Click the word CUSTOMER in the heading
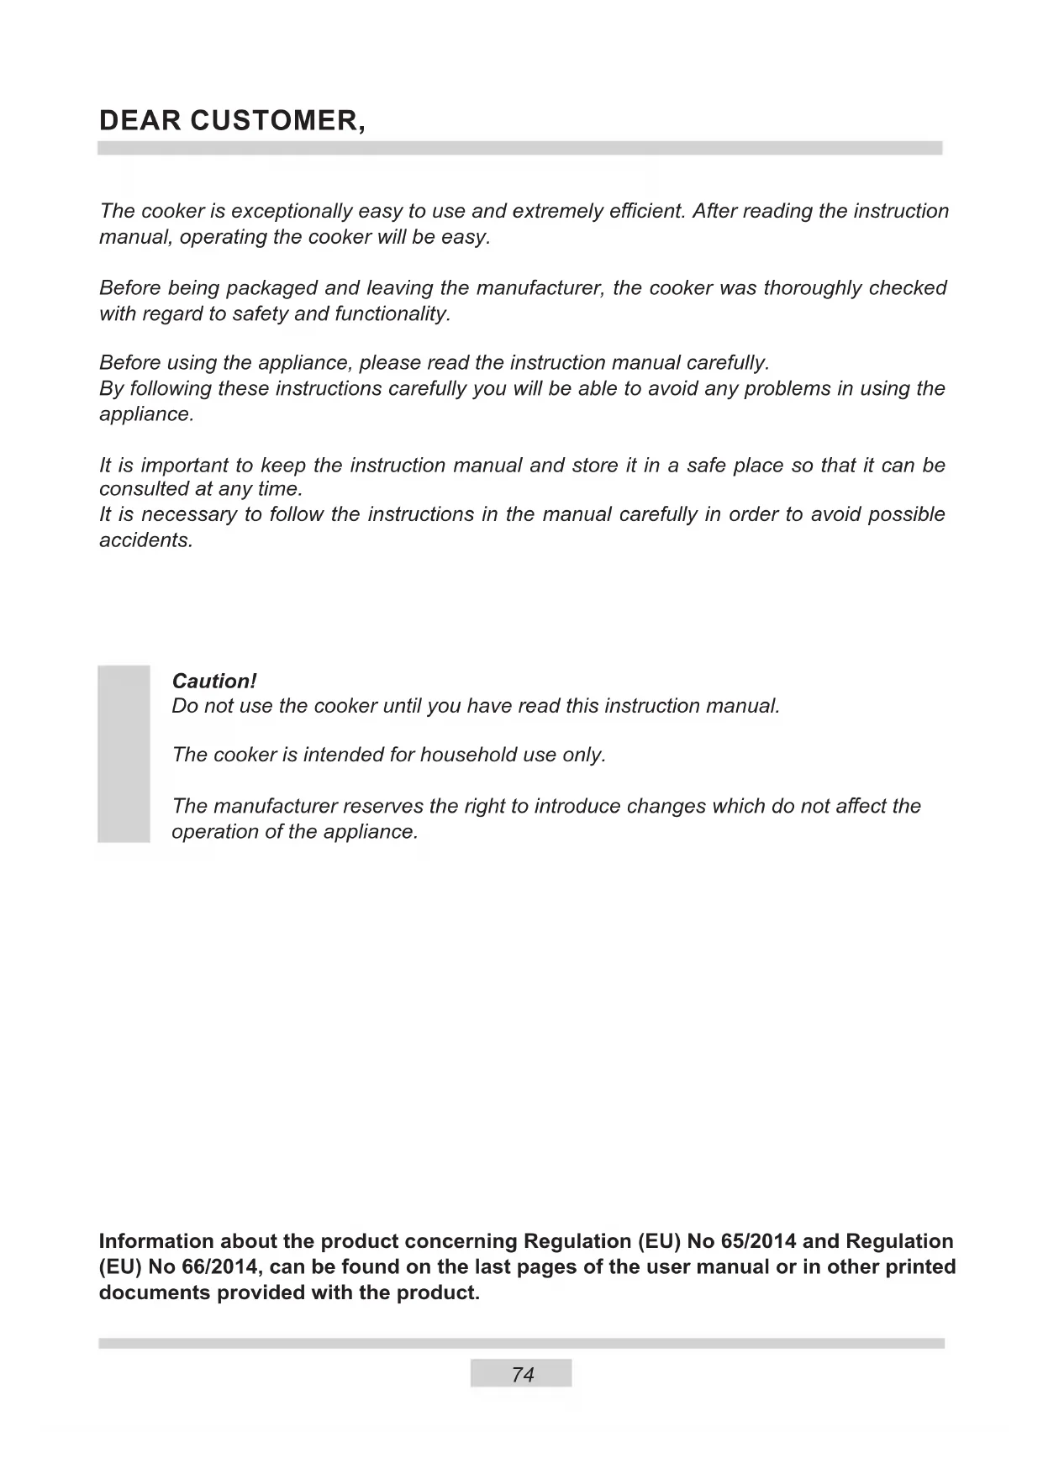[278, 121]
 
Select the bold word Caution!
[213, 681]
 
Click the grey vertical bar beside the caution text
[124, 754]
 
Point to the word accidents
[146, 540]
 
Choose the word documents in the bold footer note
[155, 1292]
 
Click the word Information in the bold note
[156, 1241]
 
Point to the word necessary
[189, 514]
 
